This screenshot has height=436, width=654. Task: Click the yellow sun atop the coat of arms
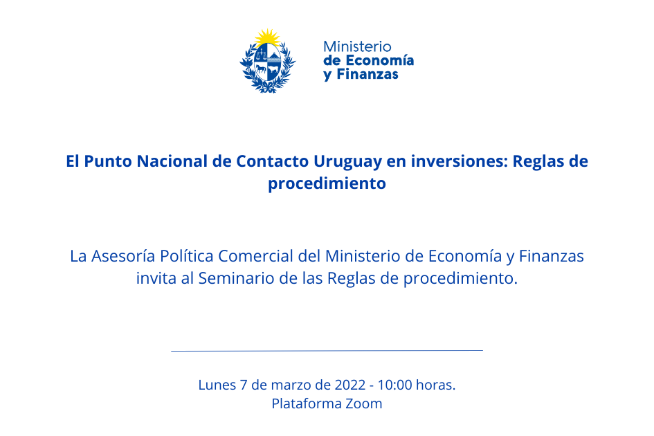click(267, 37)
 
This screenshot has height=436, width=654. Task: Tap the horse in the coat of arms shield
click(261, 69)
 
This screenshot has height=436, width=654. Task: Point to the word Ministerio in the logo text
click(357, 46)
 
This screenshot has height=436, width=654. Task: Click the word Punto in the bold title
click(108, 161)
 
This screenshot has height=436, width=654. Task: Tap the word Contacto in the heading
click(273, 161)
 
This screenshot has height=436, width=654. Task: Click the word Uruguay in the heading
click(348, 162)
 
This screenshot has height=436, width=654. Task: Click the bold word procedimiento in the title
click(327, 183)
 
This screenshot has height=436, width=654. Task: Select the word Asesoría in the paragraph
click(123, 256)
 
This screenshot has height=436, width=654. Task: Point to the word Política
click(187, 256)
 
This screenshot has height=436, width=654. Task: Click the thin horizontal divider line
click(327, 350)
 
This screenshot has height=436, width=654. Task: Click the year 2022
click(350, 385)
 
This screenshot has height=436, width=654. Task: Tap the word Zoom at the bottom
click(364, 403)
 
